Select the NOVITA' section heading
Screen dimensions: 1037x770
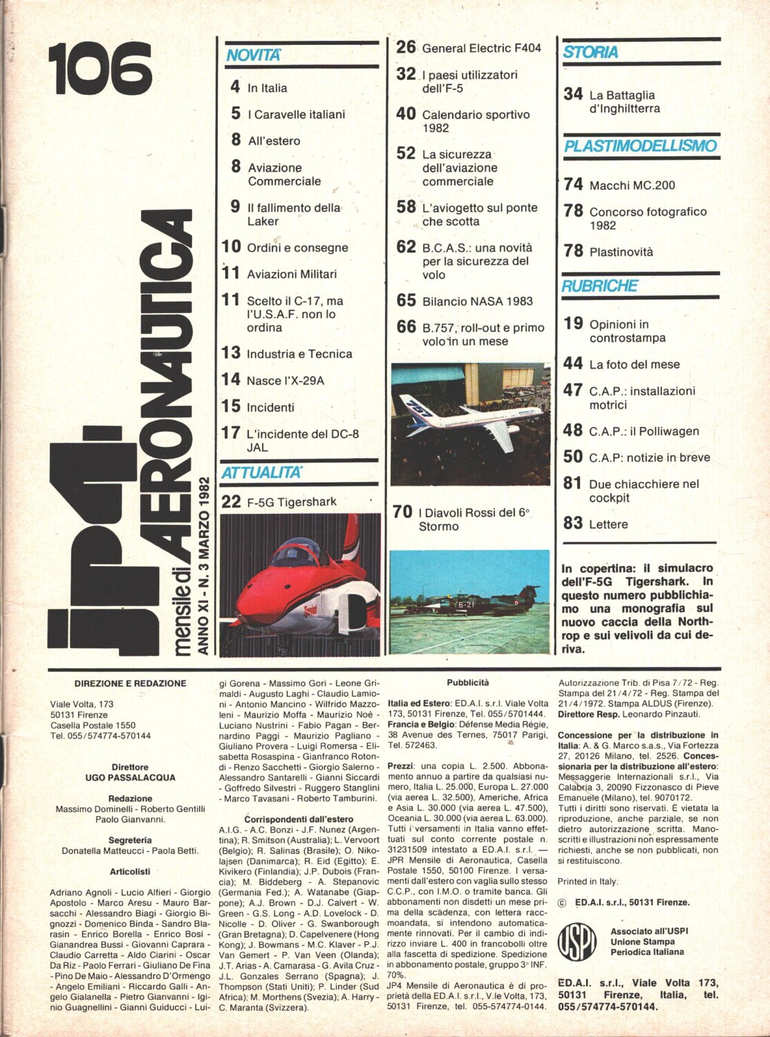[254, 55]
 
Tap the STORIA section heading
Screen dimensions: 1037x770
[590, 52]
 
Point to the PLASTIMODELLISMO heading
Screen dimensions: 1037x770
[640, 146]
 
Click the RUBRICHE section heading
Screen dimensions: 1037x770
[599, 286]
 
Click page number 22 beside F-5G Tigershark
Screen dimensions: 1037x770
[231, 502]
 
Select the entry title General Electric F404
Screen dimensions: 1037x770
[481, 48]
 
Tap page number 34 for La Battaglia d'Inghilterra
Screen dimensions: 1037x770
[573, 94]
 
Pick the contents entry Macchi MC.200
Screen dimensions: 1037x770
[632, 185]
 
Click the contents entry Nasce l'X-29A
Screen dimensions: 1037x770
[285, 381]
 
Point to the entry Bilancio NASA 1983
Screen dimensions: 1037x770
[478, 301]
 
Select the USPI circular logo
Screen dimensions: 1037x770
[577, 941]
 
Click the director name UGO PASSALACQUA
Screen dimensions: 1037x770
[130, 778]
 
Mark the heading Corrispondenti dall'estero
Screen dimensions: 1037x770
[299, 819]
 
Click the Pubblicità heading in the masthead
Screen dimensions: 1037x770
[467, 682]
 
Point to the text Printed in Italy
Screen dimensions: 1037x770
[588, 881]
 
